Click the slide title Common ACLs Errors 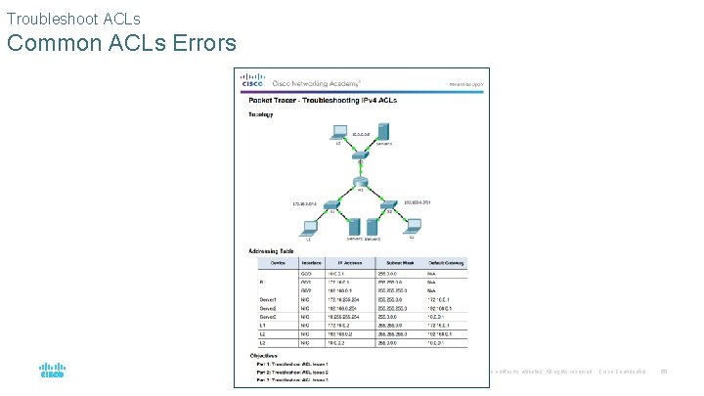point(121,43)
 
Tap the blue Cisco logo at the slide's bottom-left point(52,371)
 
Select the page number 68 point(664,371)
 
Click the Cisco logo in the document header point(253,81)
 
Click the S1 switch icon point(331,206)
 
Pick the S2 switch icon point(388,206)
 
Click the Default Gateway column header point(441,261)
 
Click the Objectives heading point(266,356)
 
